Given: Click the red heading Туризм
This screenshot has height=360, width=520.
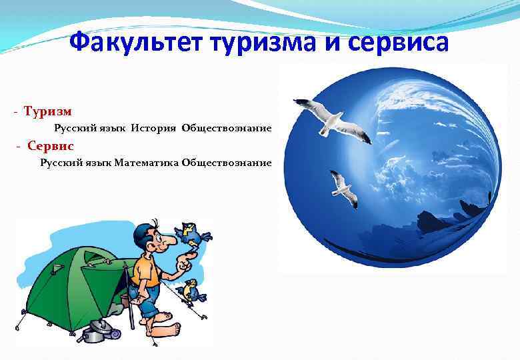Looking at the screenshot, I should coord(48,111).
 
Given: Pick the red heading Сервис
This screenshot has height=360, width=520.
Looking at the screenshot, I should coord(51,145).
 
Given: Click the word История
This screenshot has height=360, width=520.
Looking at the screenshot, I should coord(153,127).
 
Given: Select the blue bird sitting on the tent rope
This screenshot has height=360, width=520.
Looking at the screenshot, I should coord(191,291).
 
